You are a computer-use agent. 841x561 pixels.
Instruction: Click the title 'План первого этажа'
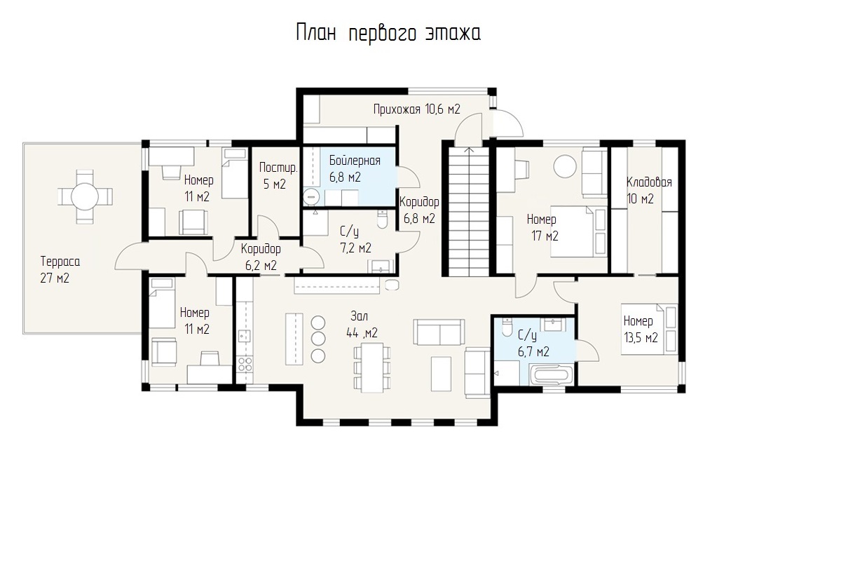[388, 33]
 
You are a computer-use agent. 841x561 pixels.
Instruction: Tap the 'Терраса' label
[60, 261]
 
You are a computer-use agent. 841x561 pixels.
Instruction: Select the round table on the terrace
[85, 196]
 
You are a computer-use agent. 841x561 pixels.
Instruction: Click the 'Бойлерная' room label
[355, 161]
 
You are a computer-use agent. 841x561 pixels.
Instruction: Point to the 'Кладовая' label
[649, 182]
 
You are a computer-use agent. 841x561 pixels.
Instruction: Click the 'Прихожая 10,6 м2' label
[417, 109]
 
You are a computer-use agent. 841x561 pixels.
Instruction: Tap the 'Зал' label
[360, 316]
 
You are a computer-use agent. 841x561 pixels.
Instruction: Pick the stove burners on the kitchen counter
[245, 364]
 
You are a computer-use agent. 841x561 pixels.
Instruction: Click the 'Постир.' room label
[278, 168]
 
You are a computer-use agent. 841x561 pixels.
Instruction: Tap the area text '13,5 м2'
[641, 338]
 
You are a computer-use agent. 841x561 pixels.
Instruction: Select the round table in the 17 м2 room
[565, 166]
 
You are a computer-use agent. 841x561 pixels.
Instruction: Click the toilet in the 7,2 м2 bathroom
[382, 219]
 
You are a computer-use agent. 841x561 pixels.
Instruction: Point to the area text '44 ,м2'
[362, 333]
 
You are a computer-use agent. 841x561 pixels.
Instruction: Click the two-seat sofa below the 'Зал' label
[439, 332]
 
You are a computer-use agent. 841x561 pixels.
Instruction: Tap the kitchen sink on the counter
[245, 335]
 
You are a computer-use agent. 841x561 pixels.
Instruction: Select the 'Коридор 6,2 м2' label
[261, 257]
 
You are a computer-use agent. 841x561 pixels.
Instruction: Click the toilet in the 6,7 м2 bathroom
[507, 327]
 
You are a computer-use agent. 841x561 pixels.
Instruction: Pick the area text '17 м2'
[545, 236]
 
